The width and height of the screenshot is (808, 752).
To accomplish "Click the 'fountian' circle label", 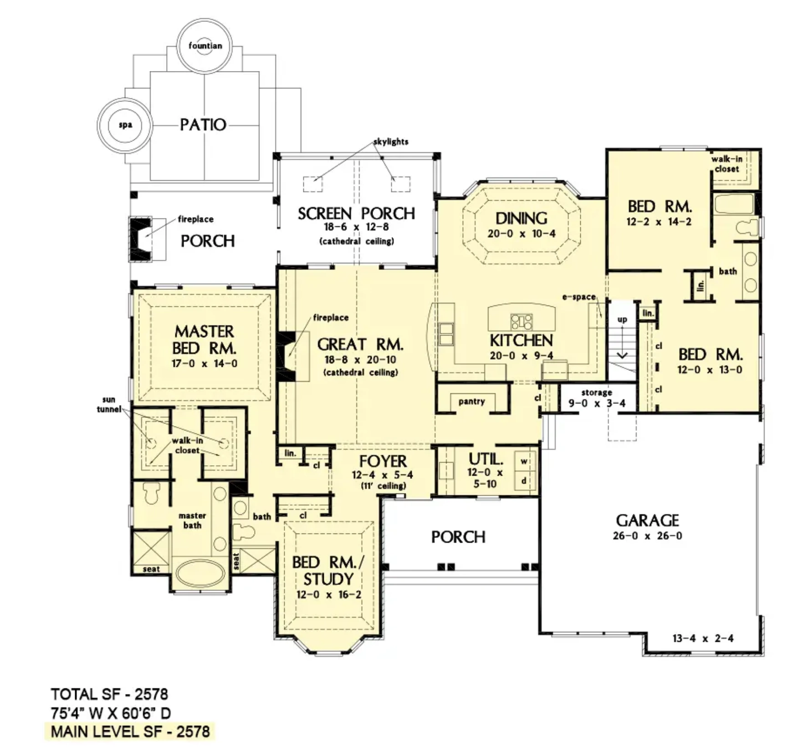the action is coord(205,46).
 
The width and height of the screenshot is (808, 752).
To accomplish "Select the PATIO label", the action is coord(203,125).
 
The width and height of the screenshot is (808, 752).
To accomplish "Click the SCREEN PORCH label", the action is coord(356,213).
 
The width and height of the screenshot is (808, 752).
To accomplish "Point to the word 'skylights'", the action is coord(391,142).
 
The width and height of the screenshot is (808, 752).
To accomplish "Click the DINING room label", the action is coord(521,218).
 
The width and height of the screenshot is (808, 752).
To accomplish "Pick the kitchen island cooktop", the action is coord(522,321).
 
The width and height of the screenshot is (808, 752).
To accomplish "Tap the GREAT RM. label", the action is coord(360,344).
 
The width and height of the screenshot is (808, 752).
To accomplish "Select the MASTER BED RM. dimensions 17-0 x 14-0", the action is coord(205,364).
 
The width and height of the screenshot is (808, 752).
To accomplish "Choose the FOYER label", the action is coord(383,461).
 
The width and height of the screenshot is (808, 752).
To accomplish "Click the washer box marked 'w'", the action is coord(524,461).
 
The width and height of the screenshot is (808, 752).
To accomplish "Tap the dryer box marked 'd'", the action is coord(524,481).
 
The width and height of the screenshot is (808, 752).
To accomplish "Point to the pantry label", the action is coord(471,401).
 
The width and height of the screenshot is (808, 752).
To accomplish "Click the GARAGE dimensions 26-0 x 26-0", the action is coord(647,536).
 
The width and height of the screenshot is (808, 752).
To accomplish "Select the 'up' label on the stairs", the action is coord(622,320).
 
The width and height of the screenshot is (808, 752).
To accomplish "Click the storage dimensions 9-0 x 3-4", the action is coord(597,403).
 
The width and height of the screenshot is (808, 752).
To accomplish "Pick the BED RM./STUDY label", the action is coord(328,571).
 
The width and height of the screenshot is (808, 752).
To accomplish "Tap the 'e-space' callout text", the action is coord(579,297).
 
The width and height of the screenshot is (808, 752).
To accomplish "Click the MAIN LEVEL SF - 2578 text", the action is coord(130,732).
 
